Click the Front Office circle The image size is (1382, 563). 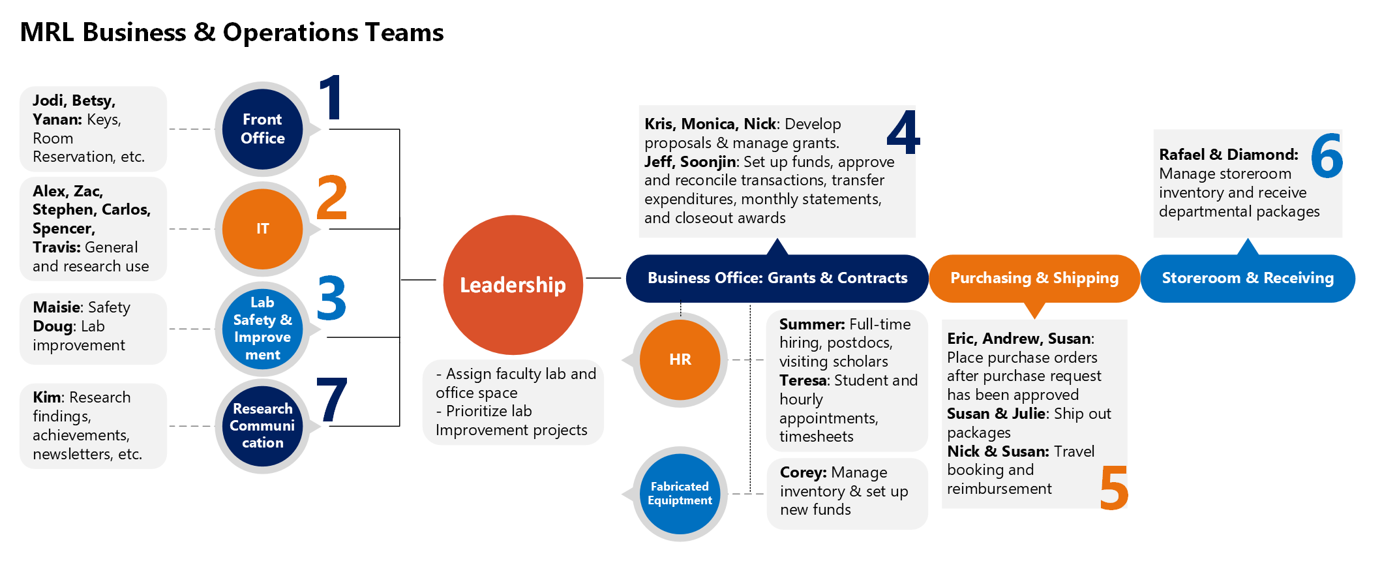click(262, 129)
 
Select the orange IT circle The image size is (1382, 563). click(262, 229)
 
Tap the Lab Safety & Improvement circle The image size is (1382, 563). click(262, 329)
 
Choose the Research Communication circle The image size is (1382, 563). click(262, 426)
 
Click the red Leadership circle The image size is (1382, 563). click(513, 285)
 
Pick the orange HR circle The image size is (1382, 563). click(680, 359)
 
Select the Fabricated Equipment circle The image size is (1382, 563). click(680, 494)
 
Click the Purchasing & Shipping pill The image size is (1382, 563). click(1034, 279)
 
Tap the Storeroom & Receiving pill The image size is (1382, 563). click(1248, 279)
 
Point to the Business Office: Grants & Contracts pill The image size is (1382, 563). click(777, 279)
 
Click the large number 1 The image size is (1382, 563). click(332, 97)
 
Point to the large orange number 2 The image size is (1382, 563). click(332, 197)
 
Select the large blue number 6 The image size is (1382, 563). click(1327, 155)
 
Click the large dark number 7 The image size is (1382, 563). click(332, 399)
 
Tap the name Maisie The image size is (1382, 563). click(57, 307)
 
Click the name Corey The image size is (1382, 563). click(803, 472)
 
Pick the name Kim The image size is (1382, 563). click(48, 397)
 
